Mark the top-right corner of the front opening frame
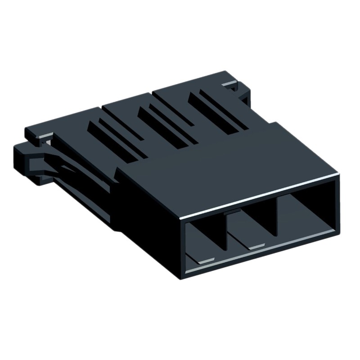pyautogui.click(x=337, y=177)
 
